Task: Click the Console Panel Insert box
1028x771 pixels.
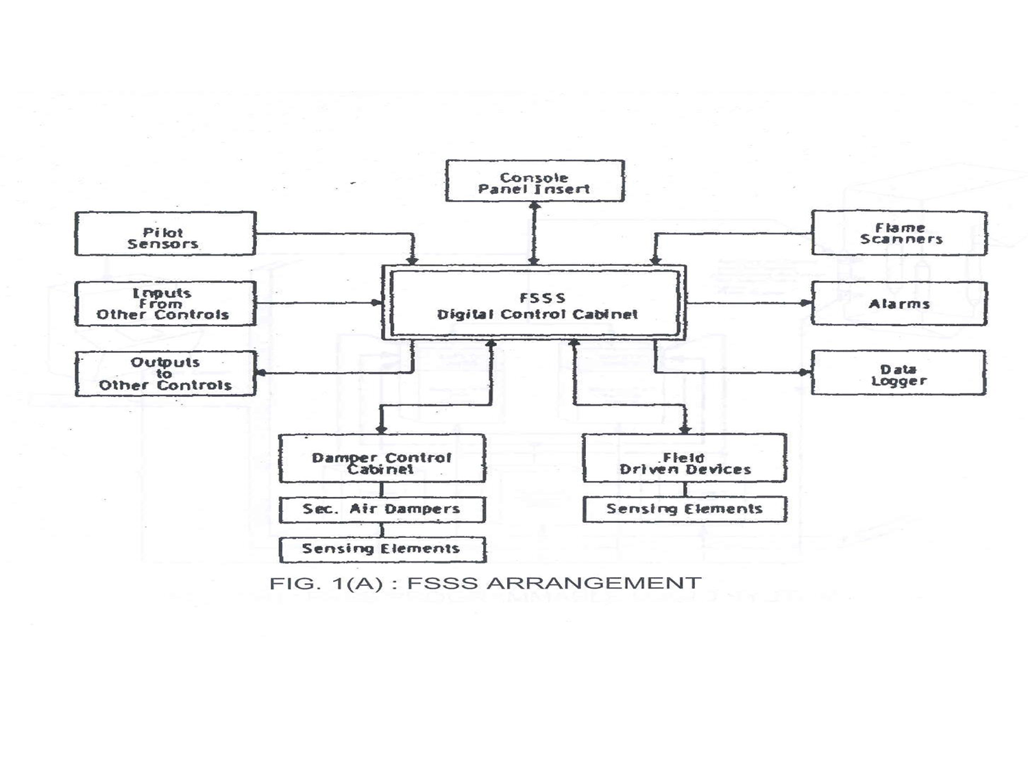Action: tap(535, 182)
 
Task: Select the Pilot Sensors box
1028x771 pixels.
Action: tap(164, 234)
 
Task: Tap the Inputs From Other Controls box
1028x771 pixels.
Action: tap(164, 304)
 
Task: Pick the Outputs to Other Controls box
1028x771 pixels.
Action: tap(164, 374)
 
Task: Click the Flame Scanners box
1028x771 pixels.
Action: tap(899, 233)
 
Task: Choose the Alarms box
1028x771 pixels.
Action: tap(899, 304)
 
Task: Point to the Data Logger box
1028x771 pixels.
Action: tap(898, 374)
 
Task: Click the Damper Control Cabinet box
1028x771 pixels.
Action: tap(382, 458)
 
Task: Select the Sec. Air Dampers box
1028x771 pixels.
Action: tap(382, 510)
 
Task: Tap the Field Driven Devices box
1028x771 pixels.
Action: tap(684, 458)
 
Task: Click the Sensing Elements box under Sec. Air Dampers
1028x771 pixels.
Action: tap(382, 550)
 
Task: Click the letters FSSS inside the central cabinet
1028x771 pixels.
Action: tap(542, 298)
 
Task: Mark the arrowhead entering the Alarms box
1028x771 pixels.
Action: tap(806, 303)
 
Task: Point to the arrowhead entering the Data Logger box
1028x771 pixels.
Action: tap(805, 373)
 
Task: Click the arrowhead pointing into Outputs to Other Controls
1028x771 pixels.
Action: tap(261, 373)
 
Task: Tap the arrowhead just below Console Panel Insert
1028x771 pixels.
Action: tap(535, 206)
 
